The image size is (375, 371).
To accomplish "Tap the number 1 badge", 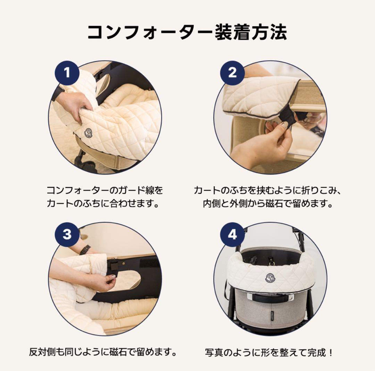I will (x=67, y=73).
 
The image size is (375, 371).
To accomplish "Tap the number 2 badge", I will (x=232, y=73).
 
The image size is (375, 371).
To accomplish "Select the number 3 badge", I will (x=67, y=234).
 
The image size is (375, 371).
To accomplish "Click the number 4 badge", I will (x=232, y=234).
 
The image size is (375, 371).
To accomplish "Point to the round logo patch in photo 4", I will (x=270, y=277).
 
